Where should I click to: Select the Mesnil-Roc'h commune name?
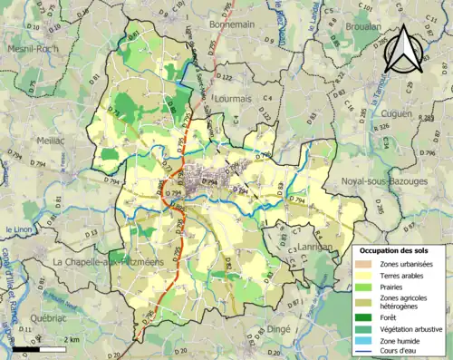30,49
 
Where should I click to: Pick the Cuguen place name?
397,112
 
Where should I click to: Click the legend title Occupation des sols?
396,250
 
